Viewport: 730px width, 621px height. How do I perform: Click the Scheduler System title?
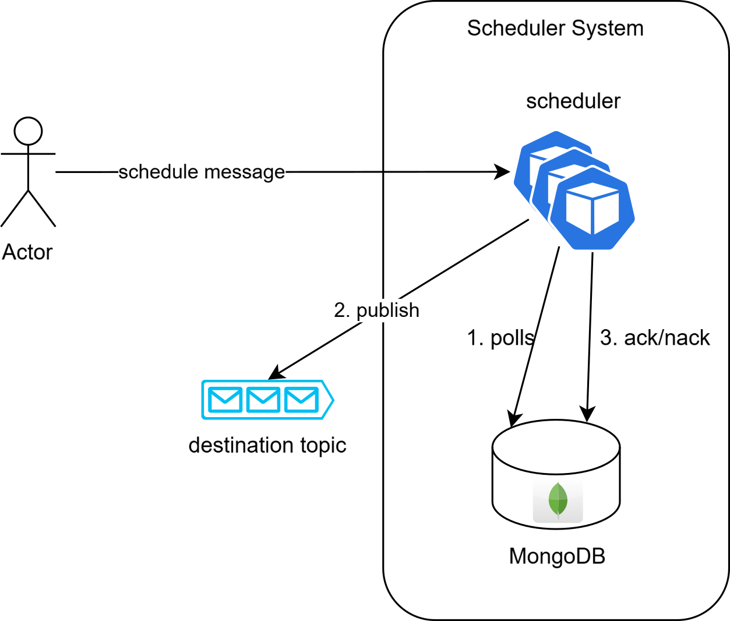pos(555,28)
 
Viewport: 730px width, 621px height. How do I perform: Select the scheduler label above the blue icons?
pos(573,101)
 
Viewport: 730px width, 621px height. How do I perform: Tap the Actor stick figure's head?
pos(28,131)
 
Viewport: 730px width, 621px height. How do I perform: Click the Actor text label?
pos(27,252)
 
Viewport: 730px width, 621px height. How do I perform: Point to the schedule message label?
pos(202,172)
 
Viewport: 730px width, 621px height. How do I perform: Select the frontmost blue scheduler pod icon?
pos(593,209)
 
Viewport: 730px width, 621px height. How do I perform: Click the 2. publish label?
pos(376,310)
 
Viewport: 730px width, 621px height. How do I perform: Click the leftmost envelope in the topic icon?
pos(225,400)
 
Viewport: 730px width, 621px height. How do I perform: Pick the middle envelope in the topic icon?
pos(263,400)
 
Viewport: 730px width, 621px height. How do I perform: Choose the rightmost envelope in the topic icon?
pos(301,400)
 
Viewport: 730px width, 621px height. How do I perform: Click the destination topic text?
pos(267,445)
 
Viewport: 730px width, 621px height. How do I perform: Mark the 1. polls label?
pos(500,338)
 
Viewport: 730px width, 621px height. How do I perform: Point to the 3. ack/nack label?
pos(655,338)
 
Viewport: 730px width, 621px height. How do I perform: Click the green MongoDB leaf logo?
pos(558,500)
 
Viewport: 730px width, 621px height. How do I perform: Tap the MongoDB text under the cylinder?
pos(557,556)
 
